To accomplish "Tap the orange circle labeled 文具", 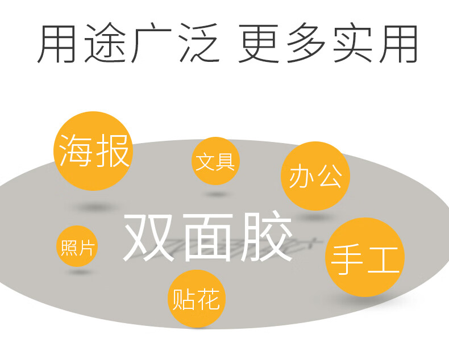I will click(x=215, y=161).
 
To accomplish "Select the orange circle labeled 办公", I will click(x=315, y=176).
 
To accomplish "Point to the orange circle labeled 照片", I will click(x=77, y=246).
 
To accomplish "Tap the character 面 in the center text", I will click(x=209, y=237).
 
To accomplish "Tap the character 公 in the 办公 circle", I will click(x=329, y=177).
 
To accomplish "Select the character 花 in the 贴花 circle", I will click(x=207, y=299).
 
